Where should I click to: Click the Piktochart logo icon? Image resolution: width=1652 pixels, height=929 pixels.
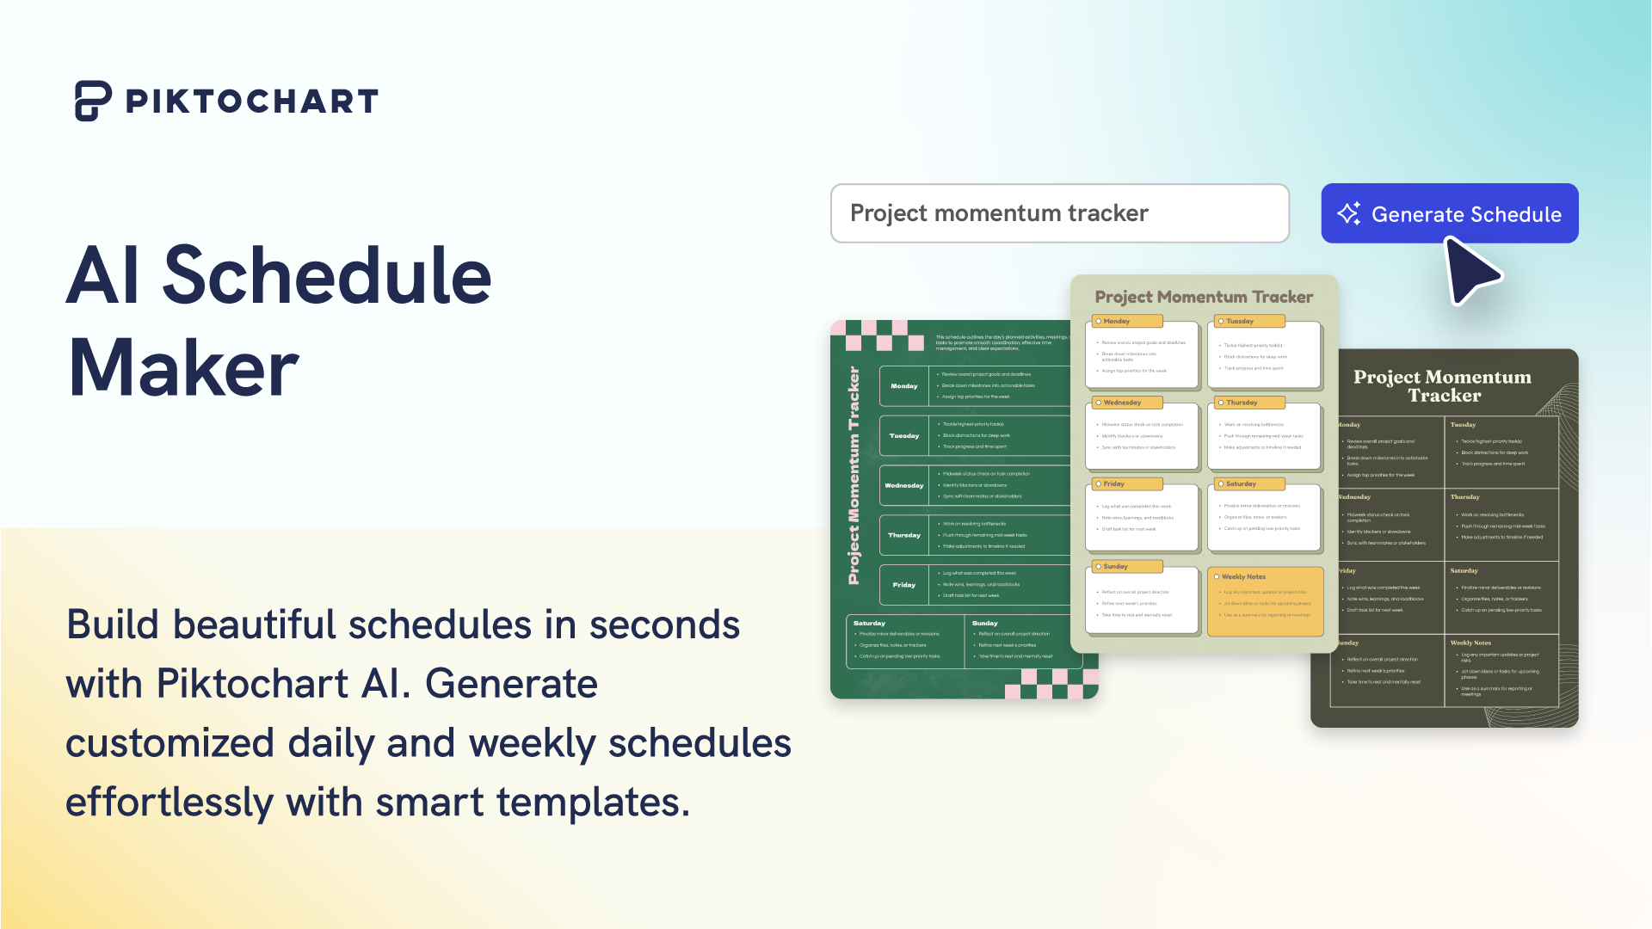tap(92, 101)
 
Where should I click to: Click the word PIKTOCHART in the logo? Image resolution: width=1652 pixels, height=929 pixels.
tap(251, 102)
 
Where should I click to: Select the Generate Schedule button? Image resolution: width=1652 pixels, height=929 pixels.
tap(1449, 213)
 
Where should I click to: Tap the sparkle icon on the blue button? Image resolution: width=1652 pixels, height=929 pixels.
tap(1348, 213)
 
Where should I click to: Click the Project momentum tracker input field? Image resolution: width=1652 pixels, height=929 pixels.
tap(1059, 213)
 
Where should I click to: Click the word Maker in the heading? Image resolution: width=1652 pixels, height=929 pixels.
tap(183, 368)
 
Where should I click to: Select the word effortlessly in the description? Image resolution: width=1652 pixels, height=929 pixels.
tap(170, 802)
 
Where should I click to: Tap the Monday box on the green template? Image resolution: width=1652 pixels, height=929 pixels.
tap(903, 386)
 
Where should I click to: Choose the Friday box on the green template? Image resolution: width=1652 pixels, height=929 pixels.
tap(903, 585)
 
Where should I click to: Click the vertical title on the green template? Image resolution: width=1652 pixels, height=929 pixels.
tap(854, 476)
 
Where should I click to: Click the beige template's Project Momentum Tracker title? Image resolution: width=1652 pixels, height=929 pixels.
tap(1203, 297)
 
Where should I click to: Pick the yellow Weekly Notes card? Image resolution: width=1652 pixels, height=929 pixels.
tap(1265, 601)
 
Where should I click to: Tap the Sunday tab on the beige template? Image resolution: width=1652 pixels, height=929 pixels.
tap(1126, 567)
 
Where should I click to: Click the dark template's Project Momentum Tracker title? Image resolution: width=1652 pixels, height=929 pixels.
tap(1443, 386)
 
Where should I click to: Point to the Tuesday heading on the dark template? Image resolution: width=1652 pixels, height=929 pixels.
tap(1463, 425)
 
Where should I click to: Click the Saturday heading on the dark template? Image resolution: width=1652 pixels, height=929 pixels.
tap(1464, 571)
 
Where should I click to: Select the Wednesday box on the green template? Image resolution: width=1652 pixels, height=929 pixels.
tap(903, 485)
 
